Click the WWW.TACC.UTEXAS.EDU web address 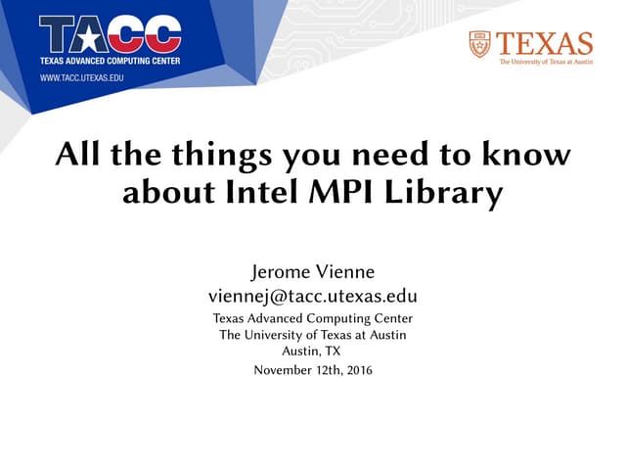(x=81, y=76)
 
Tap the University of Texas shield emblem (x=479, y=44)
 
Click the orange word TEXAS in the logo (x=544, y=44)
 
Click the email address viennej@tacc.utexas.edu (x=313, y=296)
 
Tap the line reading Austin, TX (x=311, y=351)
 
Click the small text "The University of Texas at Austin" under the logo (x=546, y=62)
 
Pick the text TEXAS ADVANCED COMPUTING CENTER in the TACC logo (x=111, y=60)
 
